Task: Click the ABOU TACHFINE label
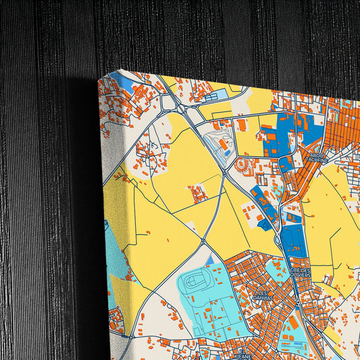[316, 157]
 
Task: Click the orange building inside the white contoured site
[223, 144]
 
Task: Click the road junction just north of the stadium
[203, 240]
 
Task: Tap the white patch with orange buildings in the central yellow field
[197, 195]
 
